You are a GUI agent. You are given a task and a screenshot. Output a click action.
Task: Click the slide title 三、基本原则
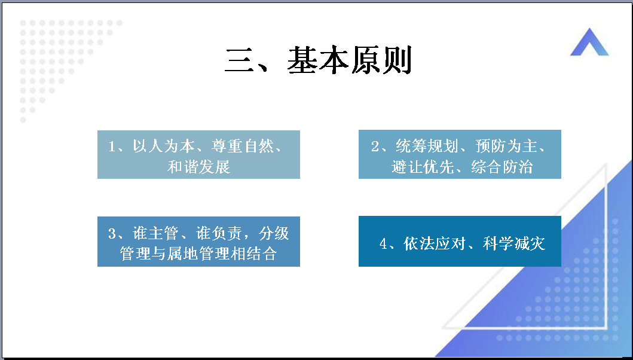(318, 60)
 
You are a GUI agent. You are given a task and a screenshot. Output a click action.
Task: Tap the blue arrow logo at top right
(589, 42)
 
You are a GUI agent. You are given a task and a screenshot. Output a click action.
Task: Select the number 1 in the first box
(112, 147)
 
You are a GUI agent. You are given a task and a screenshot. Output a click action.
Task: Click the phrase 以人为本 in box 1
(164, 146)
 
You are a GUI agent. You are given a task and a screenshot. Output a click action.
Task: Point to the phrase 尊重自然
(242, 146)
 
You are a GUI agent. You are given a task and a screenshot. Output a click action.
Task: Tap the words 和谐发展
(198, 166)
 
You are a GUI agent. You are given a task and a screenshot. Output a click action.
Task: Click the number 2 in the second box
(375, 147)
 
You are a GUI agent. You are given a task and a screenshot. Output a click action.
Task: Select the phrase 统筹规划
(427, 146)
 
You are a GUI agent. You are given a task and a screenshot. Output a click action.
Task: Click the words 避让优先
(423, 166)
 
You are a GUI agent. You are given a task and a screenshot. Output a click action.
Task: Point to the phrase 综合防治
(502, 166)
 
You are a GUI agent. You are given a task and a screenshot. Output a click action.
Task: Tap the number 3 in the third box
(112, 234)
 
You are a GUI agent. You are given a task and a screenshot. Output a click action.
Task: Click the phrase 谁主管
(155, 233)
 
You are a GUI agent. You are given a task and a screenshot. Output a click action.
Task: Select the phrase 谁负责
(219, 233)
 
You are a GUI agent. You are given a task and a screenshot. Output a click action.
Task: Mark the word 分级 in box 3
(274, 233)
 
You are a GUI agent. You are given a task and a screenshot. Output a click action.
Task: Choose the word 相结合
(253, 254)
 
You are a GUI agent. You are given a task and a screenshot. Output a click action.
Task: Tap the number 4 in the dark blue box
(383, 243)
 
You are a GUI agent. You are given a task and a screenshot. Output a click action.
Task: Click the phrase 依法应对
(435, 243)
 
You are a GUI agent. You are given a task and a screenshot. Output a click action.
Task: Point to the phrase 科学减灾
(514, 243)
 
